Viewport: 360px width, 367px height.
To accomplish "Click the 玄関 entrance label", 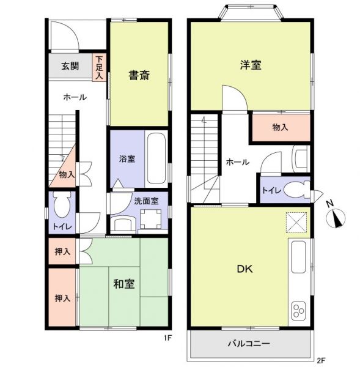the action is [70, 66].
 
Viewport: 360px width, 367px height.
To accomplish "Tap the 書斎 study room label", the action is [139, 75].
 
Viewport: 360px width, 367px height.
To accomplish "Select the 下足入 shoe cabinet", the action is [99, 68].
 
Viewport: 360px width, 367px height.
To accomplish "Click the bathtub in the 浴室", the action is [156, 158].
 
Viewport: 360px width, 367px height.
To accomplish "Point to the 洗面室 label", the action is [146, 201].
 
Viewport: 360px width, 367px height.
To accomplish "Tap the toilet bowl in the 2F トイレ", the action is [295, 190].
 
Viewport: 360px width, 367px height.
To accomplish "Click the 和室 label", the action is [123, 284].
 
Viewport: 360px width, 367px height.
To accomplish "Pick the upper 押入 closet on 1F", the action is [62, 251].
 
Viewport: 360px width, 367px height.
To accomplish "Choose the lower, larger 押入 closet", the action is [62, 298].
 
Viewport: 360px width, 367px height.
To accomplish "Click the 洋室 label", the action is [251, 65].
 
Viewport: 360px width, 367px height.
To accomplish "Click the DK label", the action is [245, 269].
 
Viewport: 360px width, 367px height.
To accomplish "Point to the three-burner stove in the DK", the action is [298, 311].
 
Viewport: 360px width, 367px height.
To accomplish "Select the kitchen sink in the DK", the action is [298, 258].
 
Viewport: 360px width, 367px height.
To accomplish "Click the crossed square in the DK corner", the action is [296, 223].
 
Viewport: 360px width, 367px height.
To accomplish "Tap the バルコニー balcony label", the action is [249, 344].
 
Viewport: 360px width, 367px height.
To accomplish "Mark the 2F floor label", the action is [321, 360].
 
